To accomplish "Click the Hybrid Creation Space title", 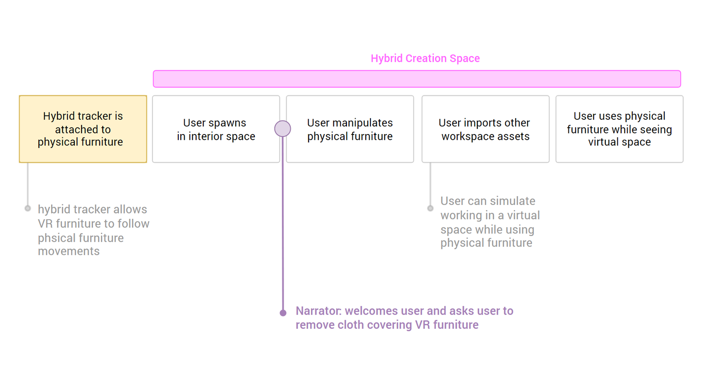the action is click(x=425, y=58).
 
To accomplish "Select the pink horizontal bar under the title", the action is click(x=416, y=79).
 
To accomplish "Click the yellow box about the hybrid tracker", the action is click(x=83, y=129).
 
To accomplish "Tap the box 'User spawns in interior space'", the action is click(x=216, y=129).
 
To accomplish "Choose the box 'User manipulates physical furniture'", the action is click(x=350, y=129).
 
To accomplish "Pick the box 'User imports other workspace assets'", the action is click(x=485, y=129).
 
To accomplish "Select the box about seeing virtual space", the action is click(x=619, y=129).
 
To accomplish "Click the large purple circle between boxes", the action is click(x=283, y=129).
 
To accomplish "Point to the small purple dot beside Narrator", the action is click(x=283, y=313).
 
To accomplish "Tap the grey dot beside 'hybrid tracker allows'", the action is click(x=28, y=208).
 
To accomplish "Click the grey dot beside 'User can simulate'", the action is click(x=430, y=208).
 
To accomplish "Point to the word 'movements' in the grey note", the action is click(x=69, y=251).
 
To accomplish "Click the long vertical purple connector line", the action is click(x=283, y=224).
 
